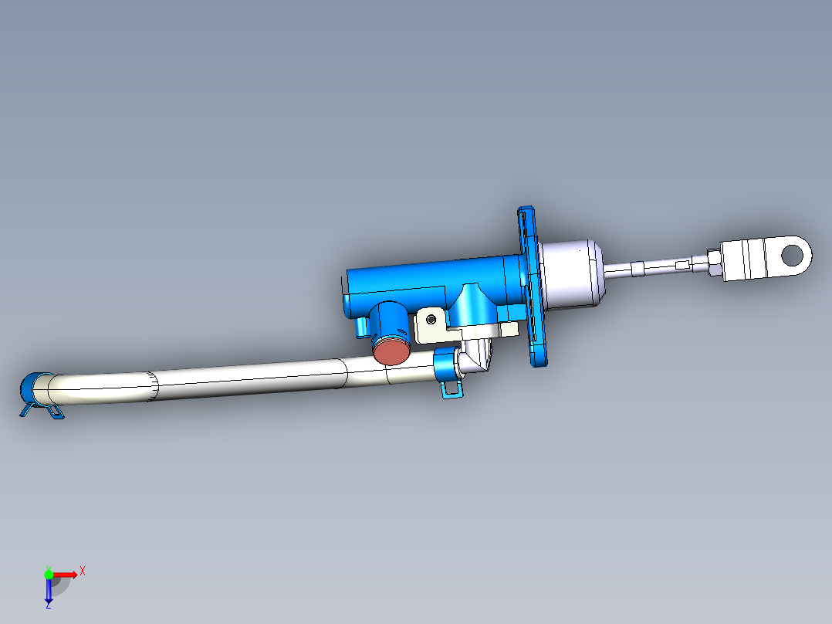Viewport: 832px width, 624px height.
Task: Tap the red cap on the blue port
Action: tap(392, 351)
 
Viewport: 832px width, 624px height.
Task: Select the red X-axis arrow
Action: tap(66, 574)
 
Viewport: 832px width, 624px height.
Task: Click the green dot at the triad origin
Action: tap(49, 574)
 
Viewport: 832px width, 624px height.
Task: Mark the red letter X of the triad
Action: tap(82, 571)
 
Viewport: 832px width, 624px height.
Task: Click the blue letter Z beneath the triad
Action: tap(48, 605)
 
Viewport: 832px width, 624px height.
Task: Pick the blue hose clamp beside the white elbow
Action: tap(447, 367)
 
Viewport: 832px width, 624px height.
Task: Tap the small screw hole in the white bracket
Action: tap(431, 318)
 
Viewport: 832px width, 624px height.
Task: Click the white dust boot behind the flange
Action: tap(570, 273)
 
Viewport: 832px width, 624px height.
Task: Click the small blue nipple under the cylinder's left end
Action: tap(360, 328)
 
